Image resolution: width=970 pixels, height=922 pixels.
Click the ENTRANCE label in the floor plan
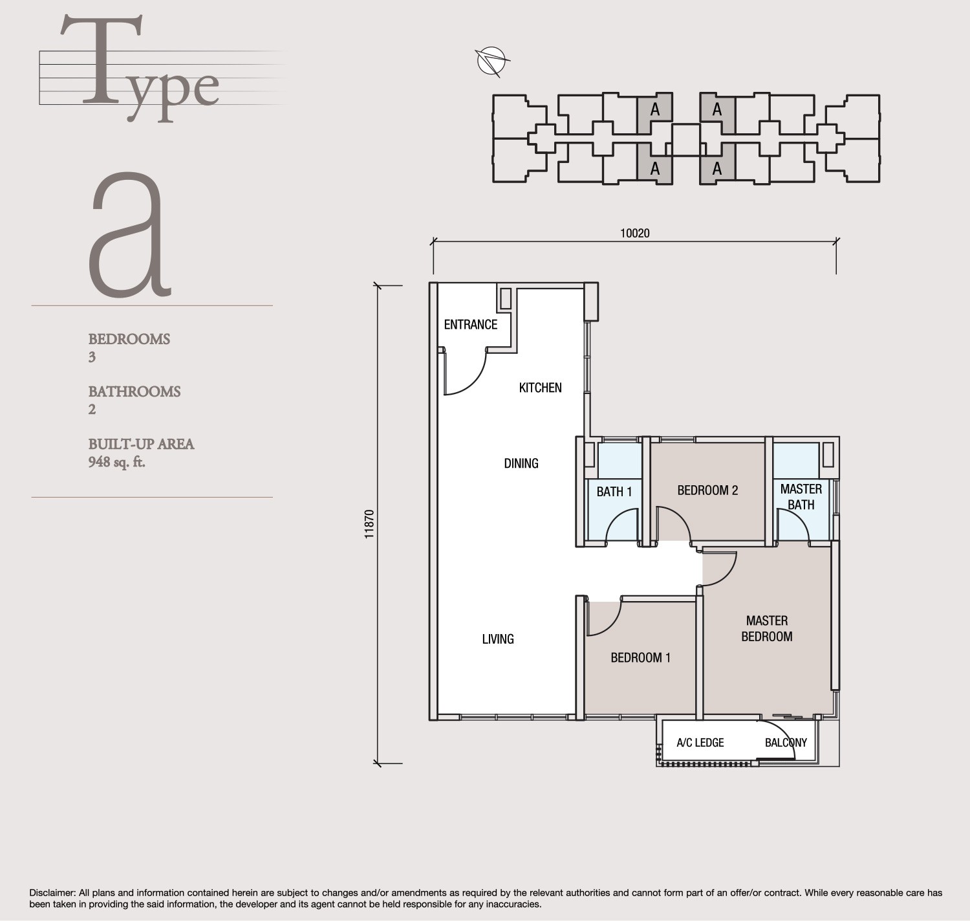[470, 325]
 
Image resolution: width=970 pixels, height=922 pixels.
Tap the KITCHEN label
[540, 388]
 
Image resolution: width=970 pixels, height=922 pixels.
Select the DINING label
[521, 463]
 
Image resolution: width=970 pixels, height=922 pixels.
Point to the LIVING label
[498, 639]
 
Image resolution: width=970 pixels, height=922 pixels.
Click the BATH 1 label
[614, 492]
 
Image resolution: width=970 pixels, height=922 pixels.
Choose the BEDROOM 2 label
[707, 490]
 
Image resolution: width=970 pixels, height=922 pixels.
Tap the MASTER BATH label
[801, 497]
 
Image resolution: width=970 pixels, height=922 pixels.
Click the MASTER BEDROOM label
[766, 628]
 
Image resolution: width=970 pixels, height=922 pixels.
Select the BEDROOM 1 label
[640, 658]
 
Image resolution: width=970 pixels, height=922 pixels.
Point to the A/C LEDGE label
[700, 743]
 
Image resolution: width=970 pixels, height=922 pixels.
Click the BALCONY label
[786, 743]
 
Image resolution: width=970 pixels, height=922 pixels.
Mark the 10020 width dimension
[634, 234]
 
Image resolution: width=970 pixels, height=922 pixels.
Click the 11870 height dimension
[369, 524]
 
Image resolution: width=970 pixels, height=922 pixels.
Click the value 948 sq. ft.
[116, 462]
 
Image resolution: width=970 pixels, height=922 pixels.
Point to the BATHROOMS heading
[134, 391]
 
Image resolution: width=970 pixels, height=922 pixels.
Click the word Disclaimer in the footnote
[52, 893]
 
